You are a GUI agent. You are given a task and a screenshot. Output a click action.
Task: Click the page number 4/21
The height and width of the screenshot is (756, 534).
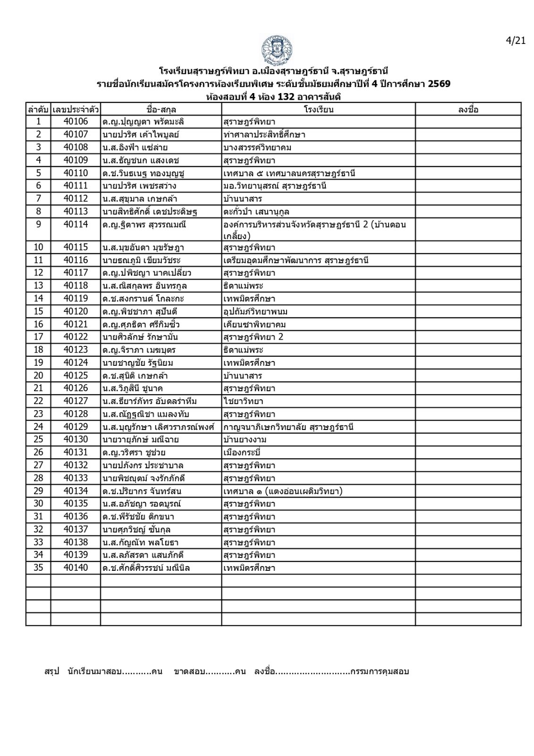pos(515,41)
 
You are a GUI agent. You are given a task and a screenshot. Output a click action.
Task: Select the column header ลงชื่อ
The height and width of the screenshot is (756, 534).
pos(468,110)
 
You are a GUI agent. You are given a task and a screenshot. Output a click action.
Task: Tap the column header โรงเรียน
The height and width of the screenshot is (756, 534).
pos(318,110)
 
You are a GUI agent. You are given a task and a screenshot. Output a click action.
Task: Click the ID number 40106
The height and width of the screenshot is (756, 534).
pos(76,122)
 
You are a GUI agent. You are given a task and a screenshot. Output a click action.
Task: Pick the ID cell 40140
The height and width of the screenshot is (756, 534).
pos(76,567)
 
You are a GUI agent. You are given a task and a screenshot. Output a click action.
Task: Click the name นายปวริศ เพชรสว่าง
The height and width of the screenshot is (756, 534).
pos(139,186)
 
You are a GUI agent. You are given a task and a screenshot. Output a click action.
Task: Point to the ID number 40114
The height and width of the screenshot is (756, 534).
pos(76,224)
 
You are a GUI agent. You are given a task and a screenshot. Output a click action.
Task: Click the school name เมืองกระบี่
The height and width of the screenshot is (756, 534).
pos(243,452)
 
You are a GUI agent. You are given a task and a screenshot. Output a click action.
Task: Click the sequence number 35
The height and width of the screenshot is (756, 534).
pos(38,567)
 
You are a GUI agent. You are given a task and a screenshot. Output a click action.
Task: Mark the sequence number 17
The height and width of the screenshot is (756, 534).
pos(38,337)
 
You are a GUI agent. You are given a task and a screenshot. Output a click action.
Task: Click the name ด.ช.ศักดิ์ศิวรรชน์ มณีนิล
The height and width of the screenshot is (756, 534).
pos(146,568)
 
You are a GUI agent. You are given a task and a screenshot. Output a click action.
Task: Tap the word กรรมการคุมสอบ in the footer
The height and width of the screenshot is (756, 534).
pos(380,671)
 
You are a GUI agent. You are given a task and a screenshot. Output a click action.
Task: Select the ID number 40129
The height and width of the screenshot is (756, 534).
pos(76,427)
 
